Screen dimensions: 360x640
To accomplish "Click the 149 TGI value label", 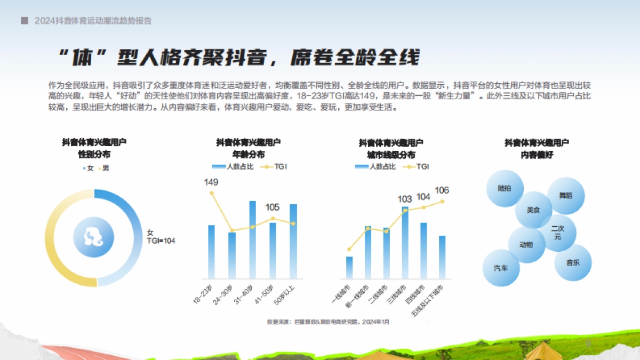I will [211, 182].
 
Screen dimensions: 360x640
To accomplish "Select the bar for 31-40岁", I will [252, 240].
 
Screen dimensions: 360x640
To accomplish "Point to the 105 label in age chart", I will [273, 207].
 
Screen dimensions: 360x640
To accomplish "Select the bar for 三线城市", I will [405, 243].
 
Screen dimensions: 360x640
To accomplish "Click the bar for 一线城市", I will [349, 267].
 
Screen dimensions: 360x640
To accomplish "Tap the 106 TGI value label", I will [442, 190].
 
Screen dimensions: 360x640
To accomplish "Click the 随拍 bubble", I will [505, 188].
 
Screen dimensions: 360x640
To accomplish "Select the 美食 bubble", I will [533, 210].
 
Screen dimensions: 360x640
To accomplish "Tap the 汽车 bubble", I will [501, 268].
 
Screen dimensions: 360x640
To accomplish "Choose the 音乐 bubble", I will [573, 262].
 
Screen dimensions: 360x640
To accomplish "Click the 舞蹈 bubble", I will [565, 196].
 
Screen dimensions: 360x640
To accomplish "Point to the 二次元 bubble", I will [557, 233].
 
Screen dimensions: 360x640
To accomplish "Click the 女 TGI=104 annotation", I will [161, 237].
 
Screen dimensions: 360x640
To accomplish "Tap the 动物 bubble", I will [526, 245].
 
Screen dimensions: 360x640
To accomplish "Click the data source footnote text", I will [328, 322].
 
